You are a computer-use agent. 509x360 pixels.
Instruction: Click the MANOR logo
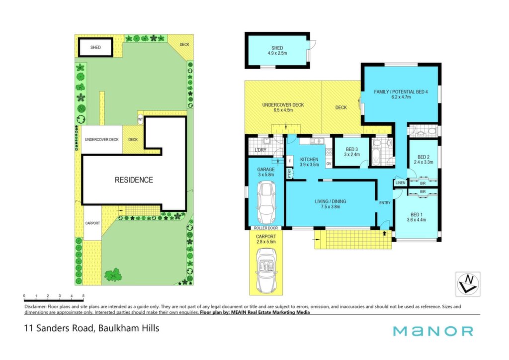(433, 331)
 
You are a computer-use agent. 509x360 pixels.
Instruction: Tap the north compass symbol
(468, 284)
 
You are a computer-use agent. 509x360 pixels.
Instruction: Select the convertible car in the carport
(266, 270)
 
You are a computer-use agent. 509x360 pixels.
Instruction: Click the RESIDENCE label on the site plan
(134, 180)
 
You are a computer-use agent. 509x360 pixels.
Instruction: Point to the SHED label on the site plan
(95, 47)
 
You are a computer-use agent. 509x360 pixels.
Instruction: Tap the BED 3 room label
(352, 152)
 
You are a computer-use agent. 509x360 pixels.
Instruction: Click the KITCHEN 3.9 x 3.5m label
(309, 162)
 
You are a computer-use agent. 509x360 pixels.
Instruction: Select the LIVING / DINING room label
(331, 204)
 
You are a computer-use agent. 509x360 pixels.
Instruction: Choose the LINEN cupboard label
(400, 183)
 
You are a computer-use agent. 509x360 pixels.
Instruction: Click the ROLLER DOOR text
(266, 228)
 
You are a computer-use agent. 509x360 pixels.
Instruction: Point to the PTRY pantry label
(289, 174)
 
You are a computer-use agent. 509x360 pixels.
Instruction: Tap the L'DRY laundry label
(260, 150)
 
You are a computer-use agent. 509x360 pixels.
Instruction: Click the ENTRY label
(385, 203)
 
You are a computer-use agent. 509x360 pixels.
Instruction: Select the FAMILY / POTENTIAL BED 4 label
(401, 94)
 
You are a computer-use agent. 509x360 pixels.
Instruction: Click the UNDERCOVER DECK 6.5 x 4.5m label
(283, 107)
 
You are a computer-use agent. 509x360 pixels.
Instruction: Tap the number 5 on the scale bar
(84, 296)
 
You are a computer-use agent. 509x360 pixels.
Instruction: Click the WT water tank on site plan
(140, 119)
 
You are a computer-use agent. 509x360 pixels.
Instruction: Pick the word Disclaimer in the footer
(35, 306)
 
